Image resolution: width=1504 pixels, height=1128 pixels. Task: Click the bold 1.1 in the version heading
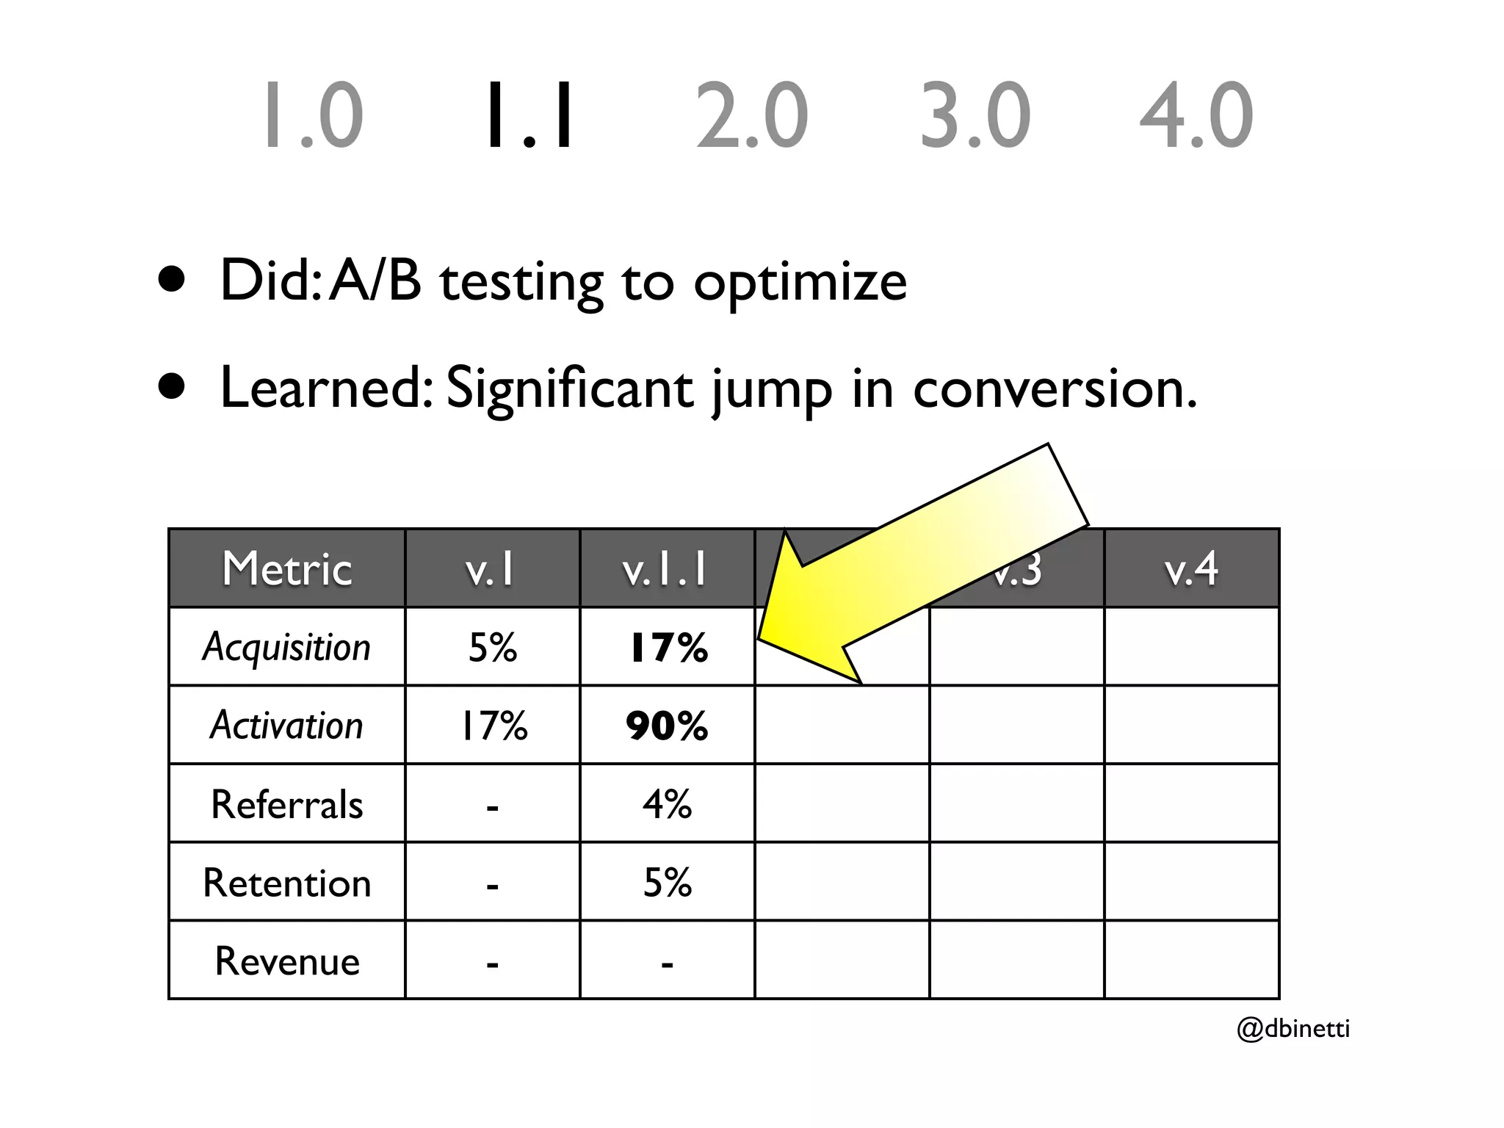click(x=529, y=115)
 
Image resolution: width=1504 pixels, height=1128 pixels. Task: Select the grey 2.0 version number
click(x=751, y=115)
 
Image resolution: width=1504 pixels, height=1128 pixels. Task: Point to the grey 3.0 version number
click(x=975, y=115)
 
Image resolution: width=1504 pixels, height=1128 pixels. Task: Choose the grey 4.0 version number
click(x=1196, y=115)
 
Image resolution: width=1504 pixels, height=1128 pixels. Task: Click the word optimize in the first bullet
click(x=800, y=283)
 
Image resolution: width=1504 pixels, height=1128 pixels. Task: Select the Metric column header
click(x=287, y=569)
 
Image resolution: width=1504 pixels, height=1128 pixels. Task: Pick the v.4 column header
click(x=1191, y=569)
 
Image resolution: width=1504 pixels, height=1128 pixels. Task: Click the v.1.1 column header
click(x=666, y=569)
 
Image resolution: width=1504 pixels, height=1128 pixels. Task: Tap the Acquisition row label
click(x=287, y=647)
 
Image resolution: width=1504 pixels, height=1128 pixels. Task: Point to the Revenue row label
click(x=287, y=961)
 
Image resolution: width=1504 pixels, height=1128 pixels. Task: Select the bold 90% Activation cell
click(x=667, y=726)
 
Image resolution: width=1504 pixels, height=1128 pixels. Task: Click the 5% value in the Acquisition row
click(x=492, y=647)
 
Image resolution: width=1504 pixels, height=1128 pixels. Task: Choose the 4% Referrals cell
click(x=667, y=804)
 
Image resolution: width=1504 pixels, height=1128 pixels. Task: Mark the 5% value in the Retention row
click(x=667, y=882)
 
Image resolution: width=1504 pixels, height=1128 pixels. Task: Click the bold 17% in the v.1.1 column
click(x=668, y=647)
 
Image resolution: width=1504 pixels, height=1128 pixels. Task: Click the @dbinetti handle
click(x=1293, y=1028)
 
